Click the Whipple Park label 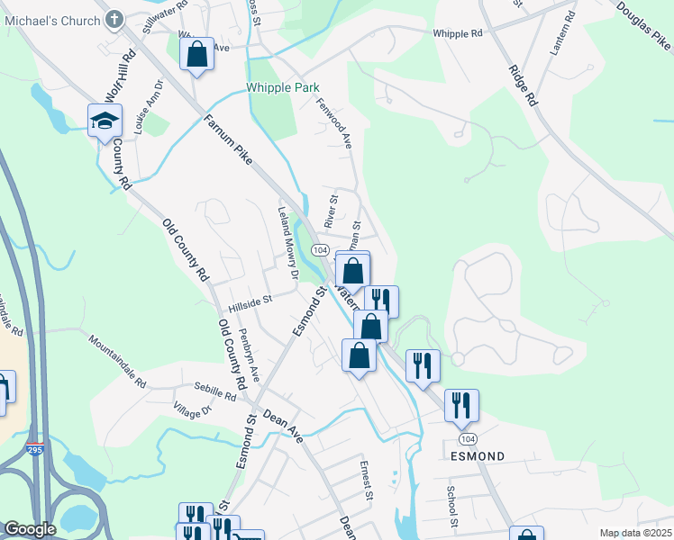pyautogui.click(x=282, y=88)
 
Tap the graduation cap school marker pyautogui.click(x=105, y=120)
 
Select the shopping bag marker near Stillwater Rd pyautogui.click(x=196, y=55)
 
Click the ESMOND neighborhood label pyautogui.click(x=477, y=456)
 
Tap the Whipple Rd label pyautogui.click(x=458, y=33)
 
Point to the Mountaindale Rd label pyautogui.click(x=117, y=361)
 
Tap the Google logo pyautogui.click(x=30, y=529)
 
